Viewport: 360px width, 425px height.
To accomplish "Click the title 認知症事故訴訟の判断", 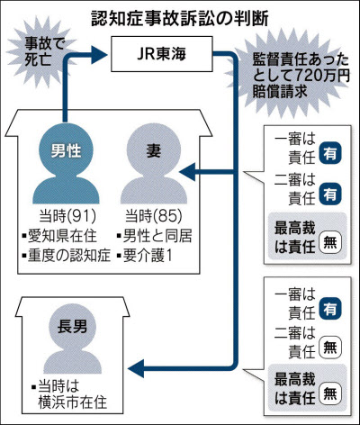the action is [x=180, y=20].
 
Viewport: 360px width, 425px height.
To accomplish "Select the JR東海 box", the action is [x=162, y=54].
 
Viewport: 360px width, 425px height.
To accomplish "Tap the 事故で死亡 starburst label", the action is [x=40, y=51].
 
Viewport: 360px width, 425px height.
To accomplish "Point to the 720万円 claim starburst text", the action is [x=300, y=76].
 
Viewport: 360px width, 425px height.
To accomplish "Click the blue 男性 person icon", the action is [x=66, y=164].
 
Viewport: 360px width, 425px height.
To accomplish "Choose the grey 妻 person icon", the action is [x=154, y=164].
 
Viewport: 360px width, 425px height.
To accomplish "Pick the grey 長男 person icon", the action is [x=72, y=339].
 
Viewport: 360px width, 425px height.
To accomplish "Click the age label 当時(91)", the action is [x=67, y=216].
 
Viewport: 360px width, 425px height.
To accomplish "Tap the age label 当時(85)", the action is [x=154, y=216].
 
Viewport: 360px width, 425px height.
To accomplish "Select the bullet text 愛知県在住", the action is [x=62, y=236].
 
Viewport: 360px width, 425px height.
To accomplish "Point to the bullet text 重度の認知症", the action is [x=69, y=256].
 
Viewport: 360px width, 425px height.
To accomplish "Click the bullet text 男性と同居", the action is [x=157, y=236].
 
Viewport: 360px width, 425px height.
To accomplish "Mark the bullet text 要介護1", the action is [x=148, y=256].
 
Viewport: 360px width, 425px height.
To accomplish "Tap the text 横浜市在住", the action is [x=72, y=402].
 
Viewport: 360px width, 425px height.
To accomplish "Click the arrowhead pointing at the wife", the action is [x=187, y=172].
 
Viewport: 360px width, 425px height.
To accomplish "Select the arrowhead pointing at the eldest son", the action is [x=136, y=368].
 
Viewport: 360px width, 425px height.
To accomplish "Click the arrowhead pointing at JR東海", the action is [x=99, y=54].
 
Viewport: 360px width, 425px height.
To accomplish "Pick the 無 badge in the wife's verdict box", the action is [x=330, y=242].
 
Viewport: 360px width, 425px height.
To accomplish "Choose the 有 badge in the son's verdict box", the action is [x=330, y=309].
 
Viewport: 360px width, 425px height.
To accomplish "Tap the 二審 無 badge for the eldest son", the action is [x=330, y=348].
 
